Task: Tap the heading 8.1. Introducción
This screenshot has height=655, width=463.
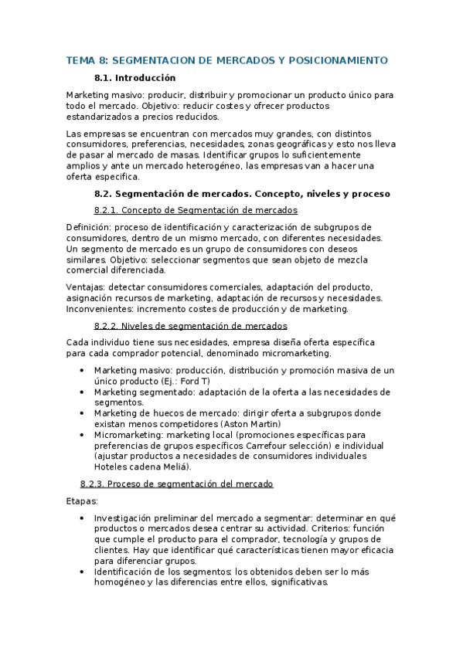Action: (134, 78)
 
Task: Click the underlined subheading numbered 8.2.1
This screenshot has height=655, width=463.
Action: (195, 210)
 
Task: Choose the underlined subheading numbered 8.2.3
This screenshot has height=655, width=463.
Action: (176, 484)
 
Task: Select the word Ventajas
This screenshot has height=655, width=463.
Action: (86, 287)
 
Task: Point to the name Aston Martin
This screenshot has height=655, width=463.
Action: (250, 424)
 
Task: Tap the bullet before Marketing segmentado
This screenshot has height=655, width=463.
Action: (83, 392)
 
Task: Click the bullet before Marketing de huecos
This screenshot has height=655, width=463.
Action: (83, 413)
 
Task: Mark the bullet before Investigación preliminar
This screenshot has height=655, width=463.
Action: (83, 518)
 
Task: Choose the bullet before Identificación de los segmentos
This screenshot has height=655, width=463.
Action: (83, 572)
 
